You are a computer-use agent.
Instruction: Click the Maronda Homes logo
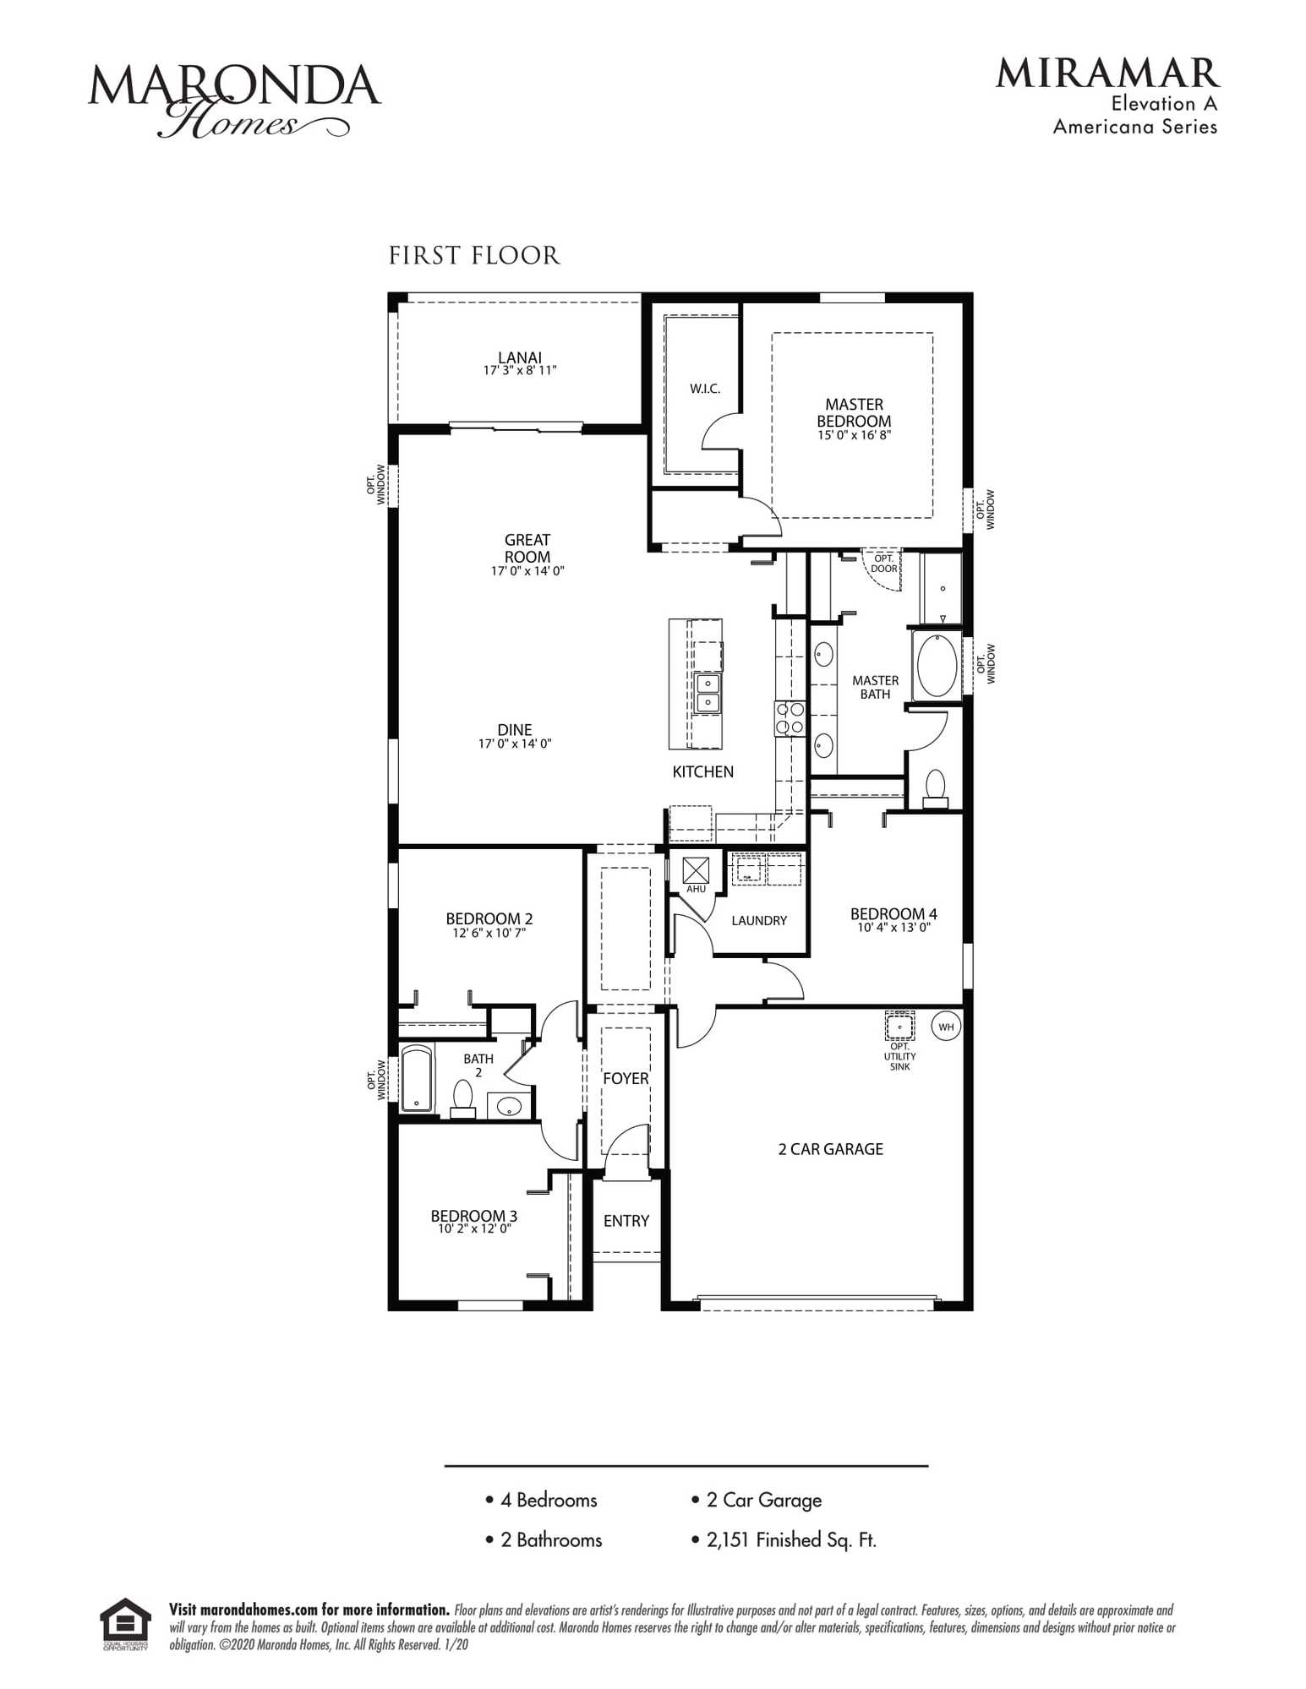234,100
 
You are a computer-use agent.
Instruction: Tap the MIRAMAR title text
1107,74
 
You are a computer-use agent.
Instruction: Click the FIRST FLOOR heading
473,255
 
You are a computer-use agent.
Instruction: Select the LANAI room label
520,357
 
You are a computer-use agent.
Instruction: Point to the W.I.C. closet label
705,389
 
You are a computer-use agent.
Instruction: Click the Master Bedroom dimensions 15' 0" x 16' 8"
854,435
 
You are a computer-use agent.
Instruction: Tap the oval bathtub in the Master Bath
937,665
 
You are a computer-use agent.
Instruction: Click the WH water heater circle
946,1027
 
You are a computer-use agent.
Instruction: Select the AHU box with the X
696,869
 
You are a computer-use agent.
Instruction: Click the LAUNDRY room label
759,920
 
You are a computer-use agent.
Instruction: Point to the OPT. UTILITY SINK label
899,1056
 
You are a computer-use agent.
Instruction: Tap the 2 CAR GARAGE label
830,1148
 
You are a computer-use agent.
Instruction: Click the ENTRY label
626,1220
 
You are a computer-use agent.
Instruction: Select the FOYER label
626,1078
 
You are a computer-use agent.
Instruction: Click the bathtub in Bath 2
416,1078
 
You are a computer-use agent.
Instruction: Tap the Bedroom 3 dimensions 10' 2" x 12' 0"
474,1229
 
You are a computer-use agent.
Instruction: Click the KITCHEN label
702,771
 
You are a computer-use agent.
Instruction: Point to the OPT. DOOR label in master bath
883,564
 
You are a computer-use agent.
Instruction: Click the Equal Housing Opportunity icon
125,1624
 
